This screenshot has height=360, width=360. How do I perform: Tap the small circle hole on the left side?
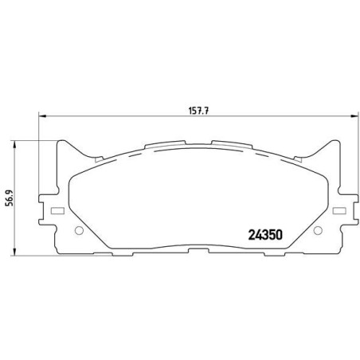(x=78, y=232)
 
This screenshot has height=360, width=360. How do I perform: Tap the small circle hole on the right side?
(x=318, y=231)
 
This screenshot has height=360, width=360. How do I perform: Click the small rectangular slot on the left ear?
(x=56, y=211)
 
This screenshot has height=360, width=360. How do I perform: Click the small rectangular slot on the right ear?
(x=339, y=211)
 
